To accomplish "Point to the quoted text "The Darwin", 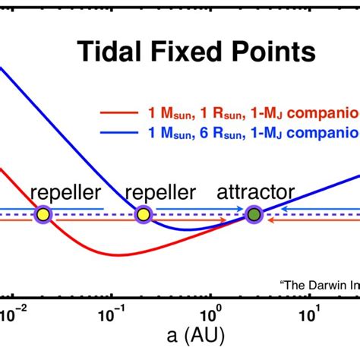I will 319,286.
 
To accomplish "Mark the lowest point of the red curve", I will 114,254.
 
